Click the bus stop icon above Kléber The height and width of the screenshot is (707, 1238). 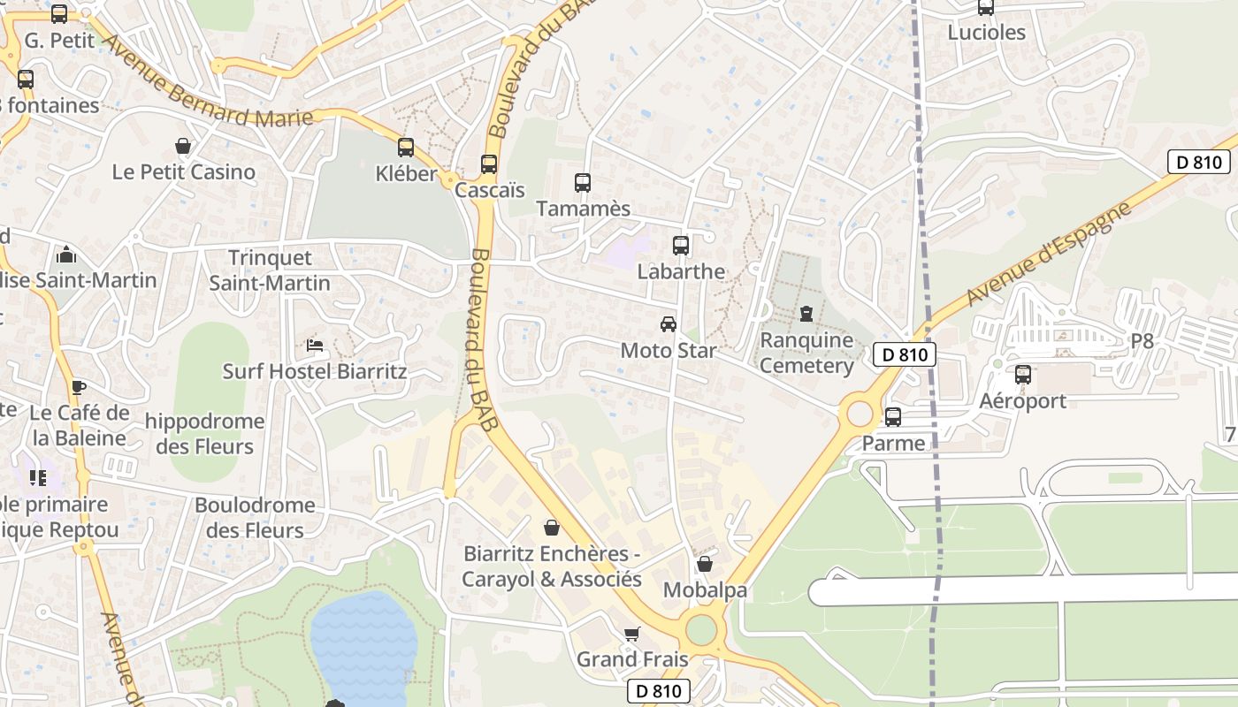[406, 148]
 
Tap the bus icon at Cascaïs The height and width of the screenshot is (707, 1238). [489, 164]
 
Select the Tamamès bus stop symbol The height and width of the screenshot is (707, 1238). [583, 183]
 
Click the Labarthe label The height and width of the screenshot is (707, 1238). [681, 271]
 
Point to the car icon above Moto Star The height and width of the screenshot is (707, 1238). [669, 324]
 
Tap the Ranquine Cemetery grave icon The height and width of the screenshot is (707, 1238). [806, 314]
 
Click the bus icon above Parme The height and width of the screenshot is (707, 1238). [893, 417]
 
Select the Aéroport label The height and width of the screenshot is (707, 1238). [1022, 400]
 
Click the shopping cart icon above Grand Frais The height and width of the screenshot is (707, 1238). [631, 634]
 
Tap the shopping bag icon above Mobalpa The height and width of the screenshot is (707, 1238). [705, 564]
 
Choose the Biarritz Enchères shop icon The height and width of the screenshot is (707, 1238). [552, 528]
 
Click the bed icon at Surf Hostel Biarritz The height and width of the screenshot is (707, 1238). [314, 345]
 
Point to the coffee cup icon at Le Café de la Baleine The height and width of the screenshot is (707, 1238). [79, 386]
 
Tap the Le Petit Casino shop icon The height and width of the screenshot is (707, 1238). [183, 146]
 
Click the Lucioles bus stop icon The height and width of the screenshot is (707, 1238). [986, 8]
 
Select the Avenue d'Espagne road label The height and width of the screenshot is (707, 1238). [1049, 253]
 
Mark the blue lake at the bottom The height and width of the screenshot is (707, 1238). [364, 645]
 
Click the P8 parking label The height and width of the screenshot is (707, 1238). [1142, 341]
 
